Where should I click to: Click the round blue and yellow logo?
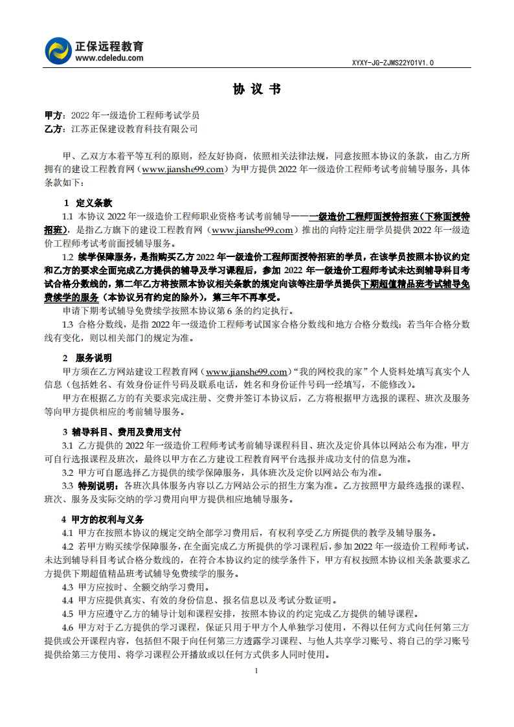point(58,51)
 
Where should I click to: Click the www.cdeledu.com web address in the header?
point(109,58)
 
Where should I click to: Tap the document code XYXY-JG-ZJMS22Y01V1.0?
point(392,63)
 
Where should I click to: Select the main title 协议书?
point(257,89)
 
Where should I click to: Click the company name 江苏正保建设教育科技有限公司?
point(135,129)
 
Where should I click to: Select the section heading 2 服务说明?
point(87,358)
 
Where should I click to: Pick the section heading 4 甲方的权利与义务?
point(103,519)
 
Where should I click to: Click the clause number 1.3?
point(67,324)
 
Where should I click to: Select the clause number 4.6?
point(67,627)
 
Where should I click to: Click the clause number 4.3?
point(67,587)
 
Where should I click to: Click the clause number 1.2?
point(67,257)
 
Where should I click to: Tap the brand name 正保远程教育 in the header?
point(109,47)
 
